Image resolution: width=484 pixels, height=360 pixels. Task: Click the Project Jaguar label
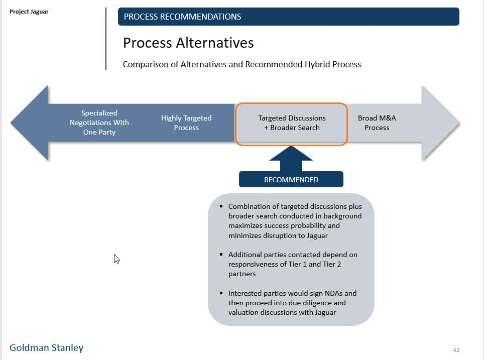pyautogui.click(x=29, y=12)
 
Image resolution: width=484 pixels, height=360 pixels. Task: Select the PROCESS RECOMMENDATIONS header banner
pyautogui.click(x=288, y=17)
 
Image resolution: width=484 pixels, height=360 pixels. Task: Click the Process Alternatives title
pyautogui.click(x=188, y=43)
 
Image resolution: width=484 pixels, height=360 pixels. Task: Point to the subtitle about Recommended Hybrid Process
pyautogui.click(x=241, y=64)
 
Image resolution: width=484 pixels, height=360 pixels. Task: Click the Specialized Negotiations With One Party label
pyautogui.click(x=99, y=123)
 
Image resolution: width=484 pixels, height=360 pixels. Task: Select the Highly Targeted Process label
pyautogui.click(x=186, y=123)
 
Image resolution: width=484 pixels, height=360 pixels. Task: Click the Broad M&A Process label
pyautogui.click(x=377, y=123)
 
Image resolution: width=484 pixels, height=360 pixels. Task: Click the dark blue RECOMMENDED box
pyautogui.click(x=291, y=180)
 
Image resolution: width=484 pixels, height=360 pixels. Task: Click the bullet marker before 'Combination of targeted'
pyautogui.click(x=221, y=206)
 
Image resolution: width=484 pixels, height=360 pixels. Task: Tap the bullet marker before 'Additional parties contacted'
pyautogui.click(x=221, y=255)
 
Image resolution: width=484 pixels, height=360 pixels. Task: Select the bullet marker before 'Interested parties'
pyautogui.click(x=221, y=293)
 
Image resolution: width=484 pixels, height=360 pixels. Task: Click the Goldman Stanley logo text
pyautogui.click(x=47, y=347)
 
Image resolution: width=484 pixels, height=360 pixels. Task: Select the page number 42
pyautogui.click(x=456, y=350)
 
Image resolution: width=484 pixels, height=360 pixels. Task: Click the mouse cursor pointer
pyautogui.click(x=116, y=259)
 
